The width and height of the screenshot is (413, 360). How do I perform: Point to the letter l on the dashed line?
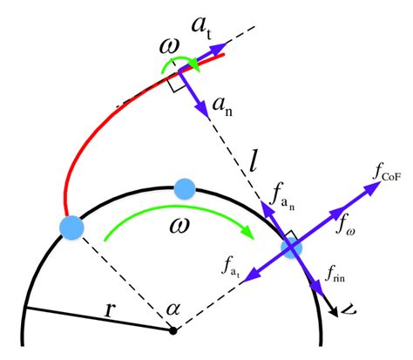253,160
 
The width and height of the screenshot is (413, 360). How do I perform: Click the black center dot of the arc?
173,331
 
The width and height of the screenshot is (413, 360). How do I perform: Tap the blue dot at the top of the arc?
184,187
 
